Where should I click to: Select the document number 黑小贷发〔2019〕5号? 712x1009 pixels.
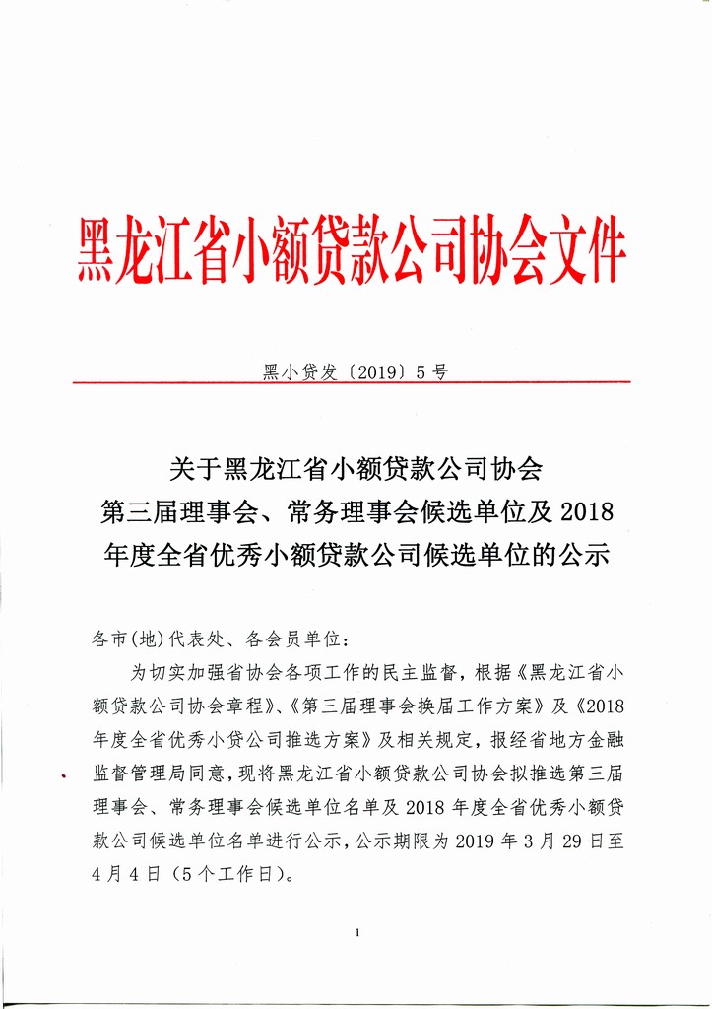coord(356,371)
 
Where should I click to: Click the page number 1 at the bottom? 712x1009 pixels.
coord(356,932)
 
